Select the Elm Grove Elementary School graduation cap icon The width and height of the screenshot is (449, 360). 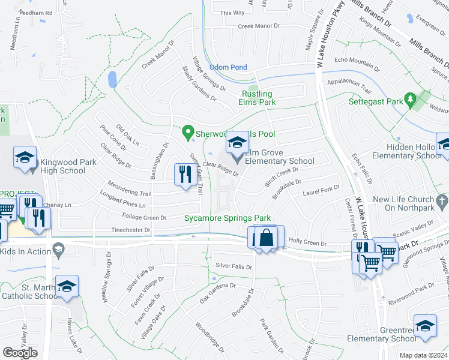click(x=237, y=142)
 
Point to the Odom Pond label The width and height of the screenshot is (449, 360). click(x=228, y=67)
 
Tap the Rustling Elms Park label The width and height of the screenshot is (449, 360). click(x=258, y=98)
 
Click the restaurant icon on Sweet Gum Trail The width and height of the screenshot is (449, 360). click(x=184, y=175)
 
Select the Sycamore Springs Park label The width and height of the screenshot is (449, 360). click(x=228, y=218)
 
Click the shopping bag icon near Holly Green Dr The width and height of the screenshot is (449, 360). click(x=267, y=237)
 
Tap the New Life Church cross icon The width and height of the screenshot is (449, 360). click(x=441, y=201)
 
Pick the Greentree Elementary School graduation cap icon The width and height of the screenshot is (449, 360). click(x=425, y=326)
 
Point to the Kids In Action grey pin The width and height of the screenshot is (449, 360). click(x=58, y=248)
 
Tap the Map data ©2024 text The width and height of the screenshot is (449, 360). click(x=424, y=355)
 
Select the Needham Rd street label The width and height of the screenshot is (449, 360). click(x=36, y=12)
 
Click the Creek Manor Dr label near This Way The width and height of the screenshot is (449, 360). click(x=259, y=26)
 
